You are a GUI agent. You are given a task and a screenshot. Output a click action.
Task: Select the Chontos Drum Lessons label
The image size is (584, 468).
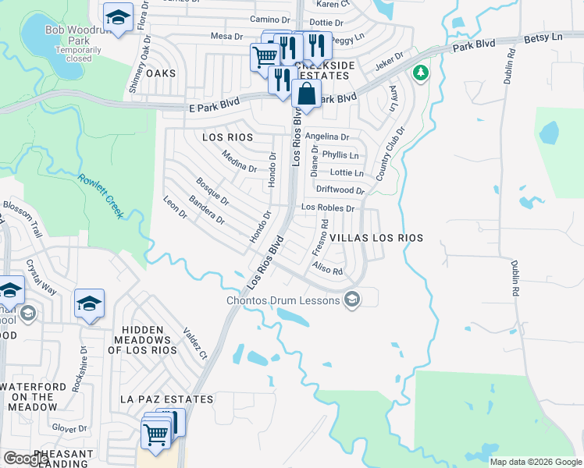pos(284,300)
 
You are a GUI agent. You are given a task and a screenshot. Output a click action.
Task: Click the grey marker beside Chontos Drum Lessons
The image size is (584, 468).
pos(351,300)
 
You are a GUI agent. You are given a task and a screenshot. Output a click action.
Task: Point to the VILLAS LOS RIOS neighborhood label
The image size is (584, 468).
pos(376,238)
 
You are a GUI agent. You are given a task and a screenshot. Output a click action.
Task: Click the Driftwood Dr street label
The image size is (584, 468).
pos(340,190)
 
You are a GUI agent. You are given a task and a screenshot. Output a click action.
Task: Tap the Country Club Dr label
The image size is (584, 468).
pos(389,154)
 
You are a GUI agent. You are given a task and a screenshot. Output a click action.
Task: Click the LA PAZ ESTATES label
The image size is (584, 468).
pos(166,399)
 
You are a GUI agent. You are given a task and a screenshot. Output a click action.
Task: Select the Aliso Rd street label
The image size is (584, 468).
pos(327,270)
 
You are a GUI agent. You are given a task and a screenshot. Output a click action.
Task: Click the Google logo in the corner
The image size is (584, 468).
pos(27,459)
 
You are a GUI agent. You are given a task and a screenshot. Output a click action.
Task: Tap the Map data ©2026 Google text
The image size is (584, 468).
pos(535,462)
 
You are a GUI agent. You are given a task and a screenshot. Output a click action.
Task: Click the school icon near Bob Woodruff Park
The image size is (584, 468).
pos(118,18)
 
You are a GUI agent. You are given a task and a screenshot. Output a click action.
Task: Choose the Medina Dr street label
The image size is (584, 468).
pos(239,161)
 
